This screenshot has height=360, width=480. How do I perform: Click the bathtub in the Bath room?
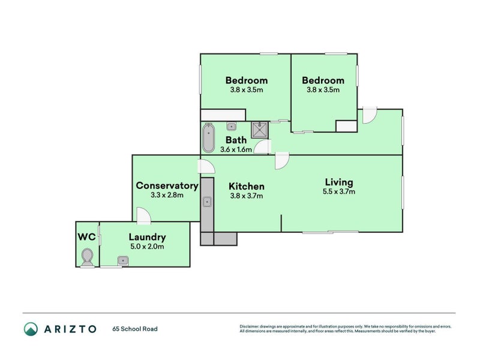(208, 138)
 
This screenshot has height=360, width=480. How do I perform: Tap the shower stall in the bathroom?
(260, 130)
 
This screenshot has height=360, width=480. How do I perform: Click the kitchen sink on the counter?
(207, 202)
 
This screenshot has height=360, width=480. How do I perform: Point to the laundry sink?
(123, 261)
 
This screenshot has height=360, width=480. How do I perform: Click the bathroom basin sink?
(231, 126)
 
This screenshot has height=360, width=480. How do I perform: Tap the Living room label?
(339, 182)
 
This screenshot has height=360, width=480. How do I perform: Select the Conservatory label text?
(167, 185)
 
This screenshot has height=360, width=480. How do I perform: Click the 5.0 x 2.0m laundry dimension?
(147, 247)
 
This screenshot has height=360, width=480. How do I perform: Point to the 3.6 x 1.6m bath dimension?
(236, 149)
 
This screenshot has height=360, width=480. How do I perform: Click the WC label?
(86, 237)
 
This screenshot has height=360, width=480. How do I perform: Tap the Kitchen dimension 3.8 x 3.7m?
(247, 196)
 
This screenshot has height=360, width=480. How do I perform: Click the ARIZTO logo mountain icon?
(31, 329)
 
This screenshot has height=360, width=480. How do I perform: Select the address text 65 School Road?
(135, 329)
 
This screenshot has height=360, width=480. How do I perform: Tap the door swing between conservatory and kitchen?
(208, 167)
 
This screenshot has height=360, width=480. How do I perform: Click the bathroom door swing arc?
(262, 146)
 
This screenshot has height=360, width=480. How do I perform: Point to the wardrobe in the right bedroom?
(347, 126)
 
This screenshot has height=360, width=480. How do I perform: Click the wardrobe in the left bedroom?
(223, 115)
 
